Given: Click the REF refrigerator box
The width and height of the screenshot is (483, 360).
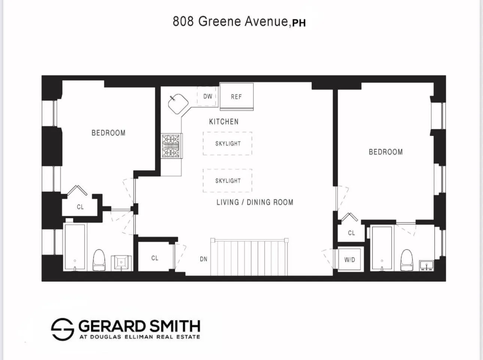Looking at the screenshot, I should coord(236,96).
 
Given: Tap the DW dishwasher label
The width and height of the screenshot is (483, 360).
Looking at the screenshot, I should coord(207,96).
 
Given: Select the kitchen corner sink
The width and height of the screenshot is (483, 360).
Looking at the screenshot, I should coord(177,104).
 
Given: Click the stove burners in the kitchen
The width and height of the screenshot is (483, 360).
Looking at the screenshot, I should coord(171,146).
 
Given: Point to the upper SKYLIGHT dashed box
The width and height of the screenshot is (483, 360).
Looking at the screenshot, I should coord(228,143).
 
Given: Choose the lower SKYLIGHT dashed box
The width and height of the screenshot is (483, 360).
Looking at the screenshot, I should coord(228,181).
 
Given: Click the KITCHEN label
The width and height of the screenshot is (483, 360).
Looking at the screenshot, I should coord(224,121).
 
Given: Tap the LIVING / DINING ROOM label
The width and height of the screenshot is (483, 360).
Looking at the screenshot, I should coord(255,202).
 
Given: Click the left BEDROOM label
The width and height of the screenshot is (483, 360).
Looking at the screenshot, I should coord(108,133).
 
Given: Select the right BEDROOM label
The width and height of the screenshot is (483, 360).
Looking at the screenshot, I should coord(386,152).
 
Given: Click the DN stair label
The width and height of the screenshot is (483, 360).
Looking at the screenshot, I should coord(203,259).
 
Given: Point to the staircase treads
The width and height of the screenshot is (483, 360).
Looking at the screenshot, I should coord(249,258).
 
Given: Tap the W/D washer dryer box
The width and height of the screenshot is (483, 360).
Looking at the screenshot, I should coord(350,259).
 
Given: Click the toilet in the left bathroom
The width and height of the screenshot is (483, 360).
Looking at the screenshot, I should coord(99,260).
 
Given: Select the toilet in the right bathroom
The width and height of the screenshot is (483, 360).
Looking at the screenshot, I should coord(407,259).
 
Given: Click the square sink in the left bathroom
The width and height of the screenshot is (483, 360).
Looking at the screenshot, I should coord(121,262).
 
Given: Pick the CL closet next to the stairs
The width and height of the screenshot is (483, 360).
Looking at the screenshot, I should coord(155,258).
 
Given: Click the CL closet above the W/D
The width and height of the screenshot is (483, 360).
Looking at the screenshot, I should coord(351,233).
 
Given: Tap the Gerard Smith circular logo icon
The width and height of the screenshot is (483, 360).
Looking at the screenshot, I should coord(62,329).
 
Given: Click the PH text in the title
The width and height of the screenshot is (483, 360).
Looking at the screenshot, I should coord(299,23).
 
